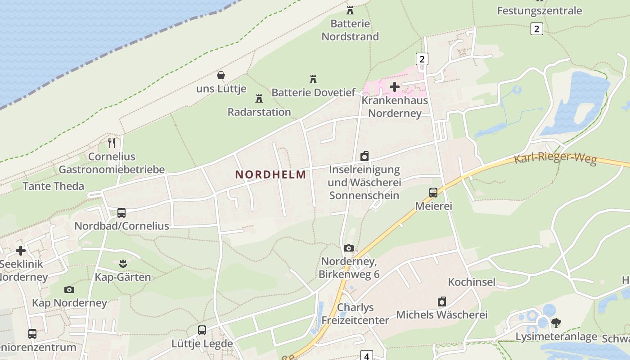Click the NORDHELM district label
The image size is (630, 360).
(270, 175)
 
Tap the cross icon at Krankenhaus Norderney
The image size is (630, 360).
(395, 86)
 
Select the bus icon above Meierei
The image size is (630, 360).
(433, 193)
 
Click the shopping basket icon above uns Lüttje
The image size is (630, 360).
(221, 75)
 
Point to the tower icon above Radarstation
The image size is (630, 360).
(259, 98)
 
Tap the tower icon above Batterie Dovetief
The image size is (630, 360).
(313, 79)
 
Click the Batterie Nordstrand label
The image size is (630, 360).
(350, 30)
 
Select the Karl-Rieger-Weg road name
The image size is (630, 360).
(555, 159)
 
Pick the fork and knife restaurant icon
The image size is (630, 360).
(112, 143)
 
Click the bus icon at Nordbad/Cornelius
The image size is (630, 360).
(121, 212)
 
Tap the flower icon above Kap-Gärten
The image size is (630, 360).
(123, 263)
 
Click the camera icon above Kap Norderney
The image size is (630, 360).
(69, 289)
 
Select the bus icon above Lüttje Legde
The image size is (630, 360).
(202, 330)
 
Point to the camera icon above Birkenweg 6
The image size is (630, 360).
(349, 248)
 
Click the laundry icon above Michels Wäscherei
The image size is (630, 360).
(442, 301)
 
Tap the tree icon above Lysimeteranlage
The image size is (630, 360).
(556, 323)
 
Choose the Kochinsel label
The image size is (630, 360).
(472, 282)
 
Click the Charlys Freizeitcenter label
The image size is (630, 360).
(355, 314)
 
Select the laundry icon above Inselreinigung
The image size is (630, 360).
(364, 156)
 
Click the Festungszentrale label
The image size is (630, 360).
(540, 10)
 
